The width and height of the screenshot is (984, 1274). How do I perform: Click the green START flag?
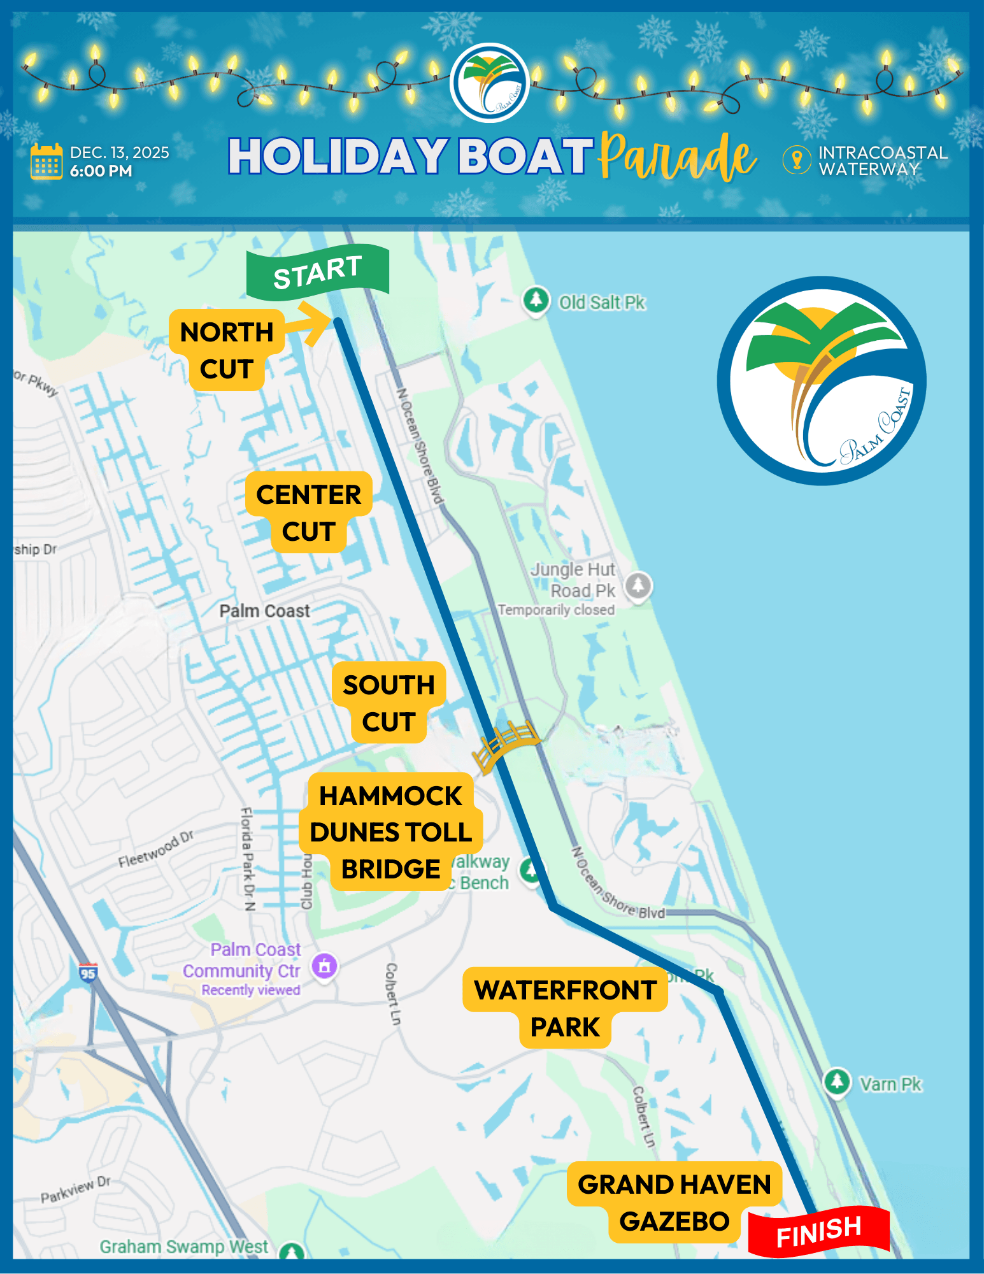pyautogui.click(x=318, y=272)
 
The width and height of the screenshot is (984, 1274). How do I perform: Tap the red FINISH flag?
pyautogui.click(x=819, y=1231)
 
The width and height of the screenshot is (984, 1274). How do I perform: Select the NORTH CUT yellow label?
pyautogui.click(x=227, y=350)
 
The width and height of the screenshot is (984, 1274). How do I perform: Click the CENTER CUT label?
pyautogui.click(x=309, y=512)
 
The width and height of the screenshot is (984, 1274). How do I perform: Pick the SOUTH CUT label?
pyautogui.click(x=389, y=703)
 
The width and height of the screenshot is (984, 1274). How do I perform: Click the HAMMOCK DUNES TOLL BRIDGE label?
pyautogui.click(x=390, y=832)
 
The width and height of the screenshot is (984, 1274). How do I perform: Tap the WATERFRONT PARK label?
pyautogui.click(x=566, y=1008)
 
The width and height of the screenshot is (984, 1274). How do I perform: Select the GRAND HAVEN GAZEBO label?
pyautogui.click(x=674, y=1202)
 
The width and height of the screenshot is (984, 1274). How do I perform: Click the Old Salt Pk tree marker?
pyautogui.click(x=536, y=299)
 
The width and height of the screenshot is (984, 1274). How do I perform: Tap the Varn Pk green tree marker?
pyautogui.click(x=837, y=1081)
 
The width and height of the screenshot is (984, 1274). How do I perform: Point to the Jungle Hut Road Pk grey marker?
pyautogui.click(x=638, y=584)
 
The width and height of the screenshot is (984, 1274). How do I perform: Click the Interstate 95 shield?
pyautogui.click(x=88, y=973)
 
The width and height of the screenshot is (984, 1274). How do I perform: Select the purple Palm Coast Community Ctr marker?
pyautogui.click(x=324, y=966)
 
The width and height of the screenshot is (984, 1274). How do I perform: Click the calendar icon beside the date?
pyautogui.click(x=46, y=162)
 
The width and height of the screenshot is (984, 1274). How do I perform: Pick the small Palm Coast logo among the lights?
pyautogui.click(x=490, y=83)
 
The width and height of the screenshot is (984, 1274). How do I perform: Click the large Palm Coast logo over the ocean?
pyautogui.click(x=822, y=381)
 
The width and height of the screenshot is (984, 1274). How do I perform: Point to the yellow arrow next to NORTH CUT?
pyautogui.click(x=312, y=324)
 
